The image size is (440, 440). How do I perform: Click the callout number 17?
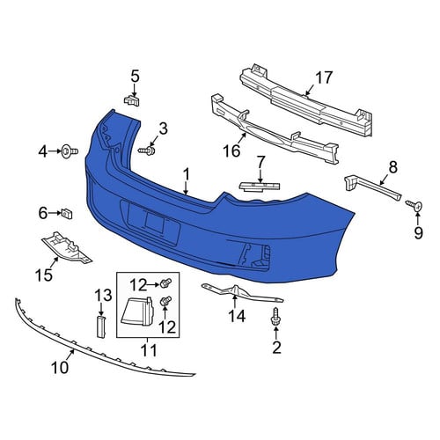[324, 77]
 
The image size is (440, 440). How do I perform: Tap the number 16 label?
[231, 151]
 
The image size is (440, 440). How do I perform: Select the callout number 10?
[60, 367]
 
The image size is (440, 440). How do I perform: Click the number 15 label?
[44, 275]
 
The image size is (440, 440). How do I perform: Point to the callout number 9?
[418, 232]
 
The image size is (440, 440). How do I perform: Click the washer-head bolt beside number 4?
[70, 151]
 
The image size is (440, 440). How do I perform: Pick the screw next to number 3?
[147, 150]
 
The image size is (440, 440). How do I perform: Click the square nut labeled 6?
[67, 213]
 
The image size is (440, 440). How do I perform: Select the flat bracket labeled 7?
[260, 187]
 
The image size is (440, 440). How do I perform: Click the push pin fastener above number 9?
[414, 205]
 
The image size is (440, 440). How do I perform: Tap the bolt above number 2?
[275, 316]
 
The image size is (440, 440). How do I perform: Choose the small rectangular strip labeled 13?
[100, 326]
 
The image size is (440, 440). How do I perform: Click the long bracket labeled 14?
[242, 292]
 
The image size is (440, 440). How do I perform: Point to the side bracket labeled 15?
[67, 248]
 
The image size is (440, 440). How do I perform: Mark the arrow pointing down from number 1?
[186, 187]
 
